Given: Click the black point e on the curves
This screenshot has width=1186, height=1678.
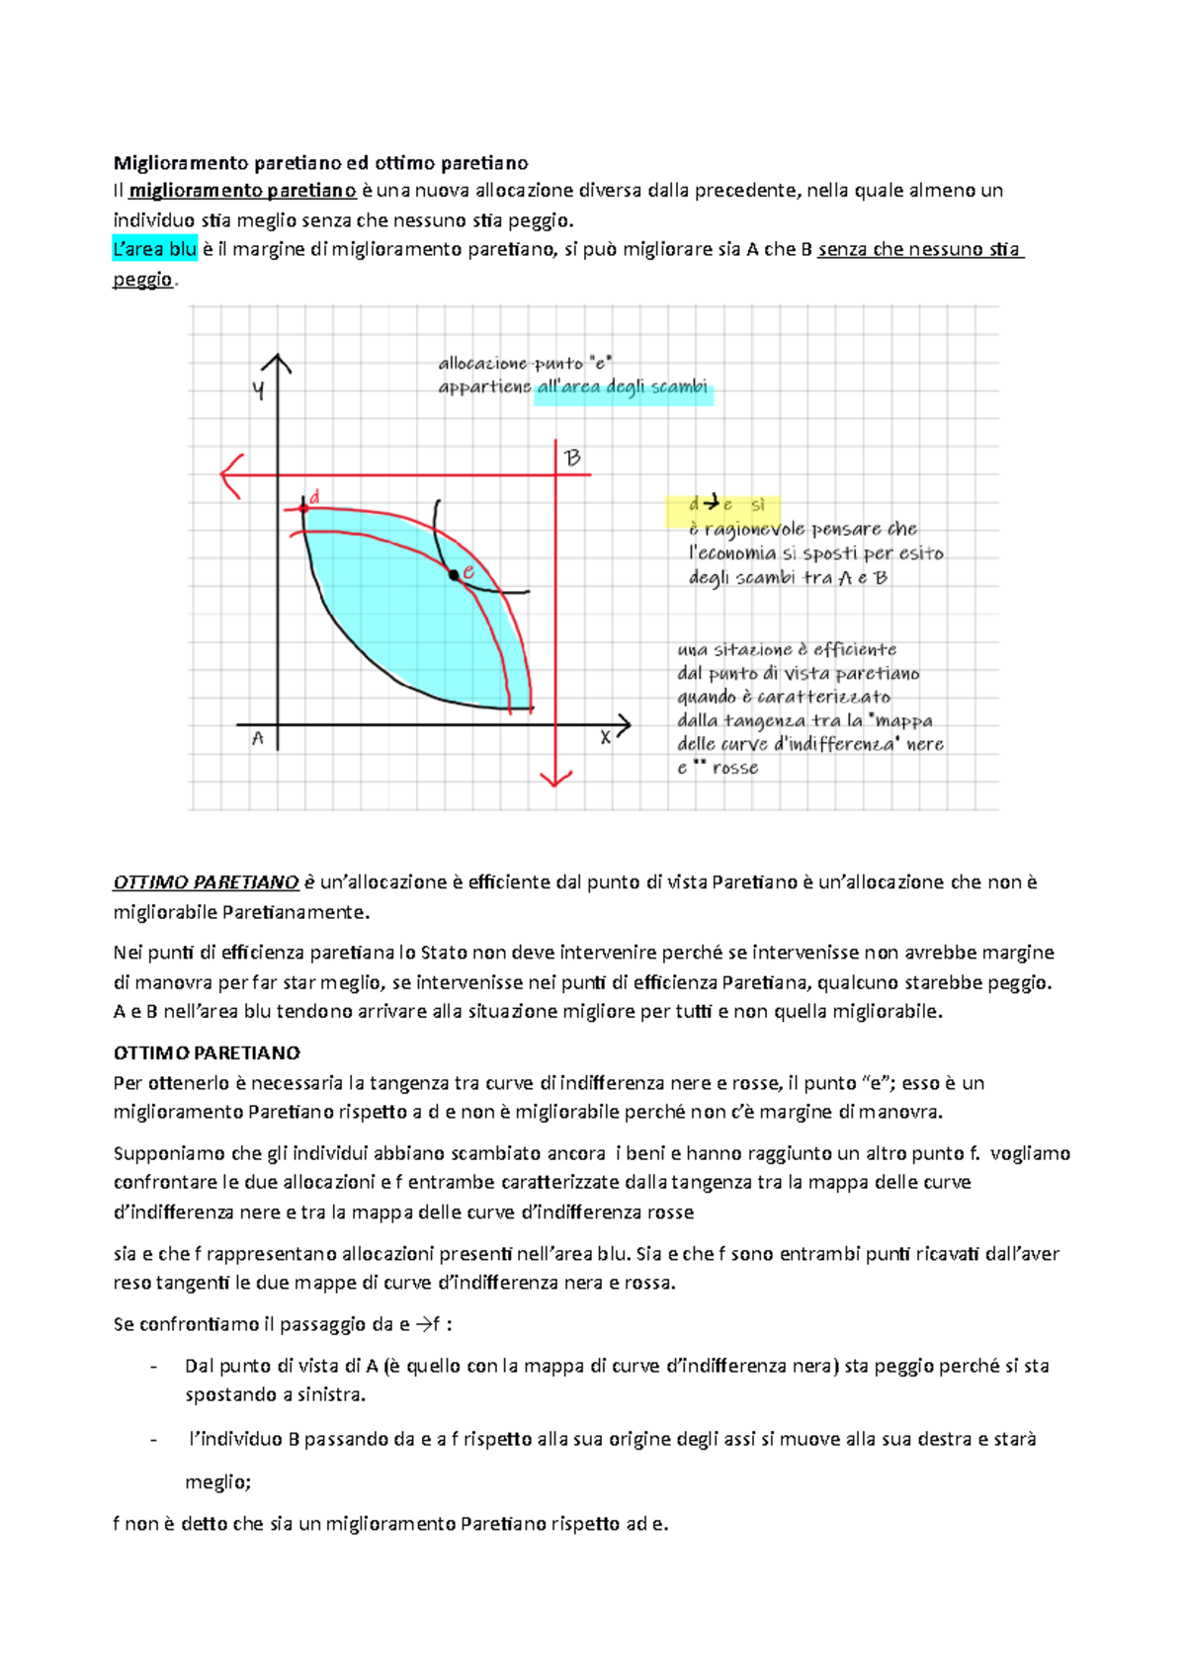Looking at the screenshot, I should click(455, 574).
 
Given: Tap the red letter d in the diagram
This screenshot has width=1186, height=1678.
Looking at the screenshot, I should click(315, 497).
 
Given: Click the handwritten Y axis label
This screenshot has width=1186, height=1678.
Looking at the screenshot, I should click(258, 391).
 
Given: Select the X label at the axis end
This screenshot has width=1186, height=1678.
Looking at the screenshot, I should click(605, 737).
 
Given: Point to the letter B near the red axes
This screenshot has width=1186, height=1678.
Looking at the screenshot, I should click(572, 458).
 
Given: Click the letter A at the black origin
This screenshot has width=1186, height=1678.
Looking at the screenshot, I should click(258, 738).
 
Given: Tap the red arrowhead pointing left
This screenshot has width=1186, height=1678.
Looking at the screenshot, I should click(230, 475).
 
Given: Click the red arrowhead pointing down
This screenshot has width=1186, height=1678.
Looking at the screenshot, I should click(556, 777).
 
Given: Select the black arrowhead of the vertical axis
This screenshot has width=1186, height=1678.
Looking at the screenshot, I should click(277, 364).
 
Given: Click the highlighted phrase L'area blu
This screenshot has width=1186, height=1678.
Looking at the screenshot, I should click(155, 249).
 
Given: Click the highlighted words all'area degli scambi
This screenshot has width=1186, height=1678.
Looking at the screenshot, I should click(622, 386).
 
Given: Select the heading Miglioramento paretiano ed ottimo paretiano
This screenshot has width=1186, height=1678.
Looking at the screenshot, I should click(320, 162).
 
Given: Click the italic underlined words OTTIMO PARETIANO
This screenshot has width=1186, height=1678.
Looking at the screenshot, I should click(206, 881).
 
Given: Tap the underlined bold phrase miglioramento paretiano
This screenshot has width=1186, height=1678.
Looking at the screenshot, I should click(242, 190).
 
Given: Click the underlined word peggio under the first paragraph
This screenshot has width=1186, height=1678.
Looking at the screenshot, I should click(143, 279).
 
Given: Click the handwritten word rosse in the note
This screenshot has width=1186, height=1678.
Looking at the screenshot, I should click(734, 768).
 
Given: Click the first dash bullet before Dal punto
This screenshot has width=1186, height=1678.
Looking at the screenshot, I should click(153, 1366).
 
